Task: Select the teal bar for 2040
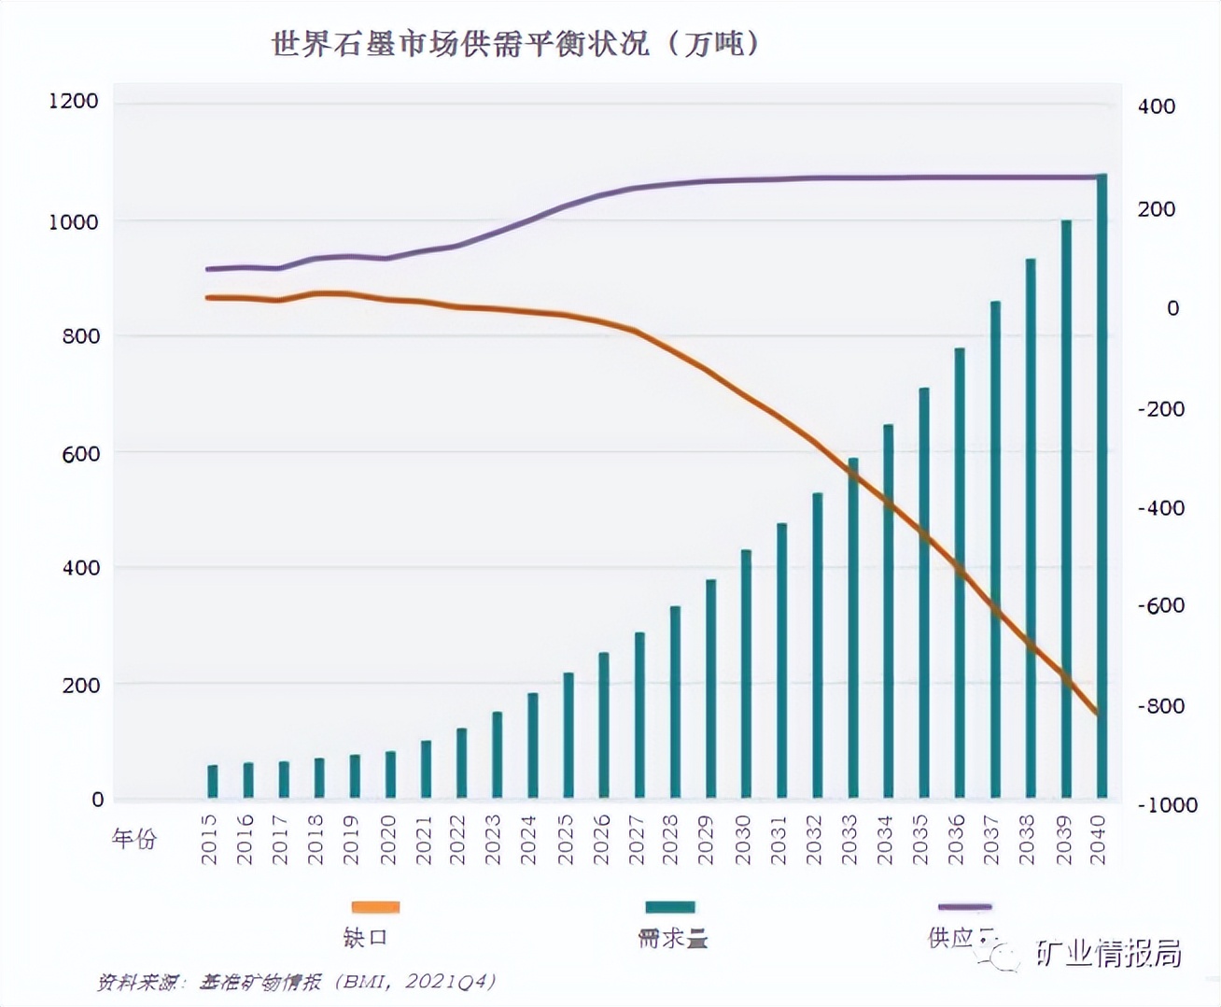point(1102,486)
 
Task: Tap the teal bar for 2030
point(746,674)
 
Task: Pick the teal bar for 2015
point(213,782)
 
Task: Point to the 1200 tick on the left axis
point(74,101)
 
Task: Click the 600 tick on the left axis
point(81,454)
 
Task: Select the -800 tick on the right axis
point(1160,706)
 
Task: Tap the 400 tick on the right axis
point(1156,106)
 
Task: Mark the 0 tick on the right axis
point(1172,308)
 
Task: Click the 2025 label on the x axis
point(566,839)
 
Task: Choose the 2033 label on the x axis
point(849,839)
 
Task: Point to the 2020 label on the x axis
point(388,839)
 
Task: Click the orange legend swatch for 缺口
point(375,906)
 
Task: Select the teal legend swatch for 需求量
point(670,906)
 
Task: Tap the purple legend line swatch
point(964,906)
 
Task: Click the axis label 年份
point(134,839)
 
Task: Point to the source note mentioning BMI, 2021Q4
point(296,982)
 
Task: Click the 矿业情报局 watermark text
point(1108,953)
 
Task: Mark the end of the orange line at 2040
point(1099,715)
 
